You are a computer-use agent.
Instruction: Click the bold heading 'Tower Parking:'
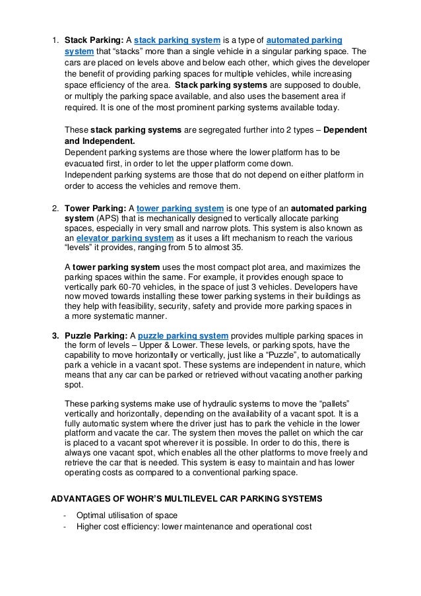coord(91,209)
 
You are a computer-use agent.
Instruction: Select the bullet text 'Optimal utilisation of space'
coord(127,515)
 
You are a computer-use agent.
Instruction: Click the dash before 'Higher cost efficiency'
coord(64,526)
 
